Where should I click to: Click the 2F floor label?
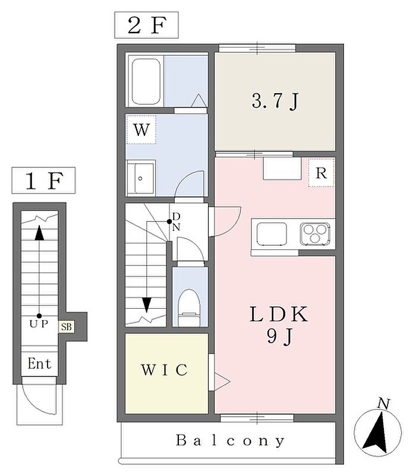(146, 25)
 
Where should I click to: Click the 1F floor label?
(43, 180)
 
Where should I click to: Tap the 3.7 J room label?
(275, 101)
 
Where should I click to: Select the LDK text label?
(279, 314)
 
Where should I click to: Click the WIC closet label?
(165, 369)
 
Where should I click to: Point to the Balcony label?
(230, 441)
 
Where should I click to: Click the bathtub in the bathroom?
(146, 81)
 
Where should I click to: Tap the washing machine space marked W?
(141, 129)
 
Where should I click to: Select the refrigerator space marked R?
(322, 173)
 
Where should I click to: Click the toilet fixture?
(189, 308)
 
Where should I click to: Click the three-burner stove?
(315, 233)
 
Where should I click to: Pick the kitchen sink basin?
(272, 234)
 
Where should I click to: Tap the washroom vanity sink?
(141, 179)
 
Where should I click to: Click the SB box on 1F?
(67, 327)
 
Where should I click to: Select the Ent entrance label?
(39, 363)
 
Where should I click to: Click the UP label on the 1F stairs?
(39, 324)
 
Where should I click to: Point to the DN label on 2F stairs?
(176, 221)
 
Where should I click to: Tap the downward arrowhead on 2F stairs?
(147, 305)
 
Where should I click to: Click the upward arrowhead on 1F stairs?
(39, 233)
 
